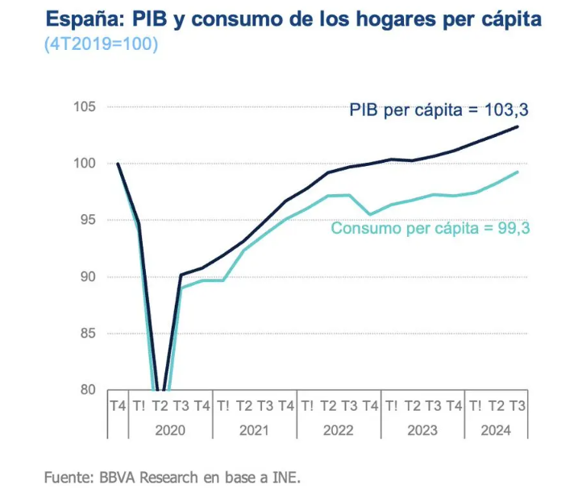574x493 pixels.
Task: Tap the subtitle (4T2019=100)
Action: tap(101, 44)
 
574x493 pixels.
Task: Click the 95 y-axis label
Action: tap(86, 220)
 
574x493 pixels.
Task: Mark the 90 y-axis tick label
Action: tap(86, 277)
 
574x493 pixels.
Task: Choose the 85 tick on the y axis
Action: tap(86, 333)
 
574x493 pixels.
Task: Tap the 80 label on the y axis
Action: tap(86, 390)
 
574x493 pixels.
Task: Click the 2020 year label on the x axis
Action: tap(170, 430)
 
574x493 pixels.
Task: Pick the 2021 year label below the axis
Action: tap(254, 430)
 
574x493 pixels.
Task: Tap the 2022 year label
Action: tap(338, 430)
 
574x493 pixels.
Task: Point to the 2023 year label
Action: tap(422, 430)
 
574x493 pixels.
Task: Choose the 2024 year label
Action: tap(496, 430)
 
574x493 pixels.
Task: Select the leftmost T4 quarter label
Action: tap(118, 406)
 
